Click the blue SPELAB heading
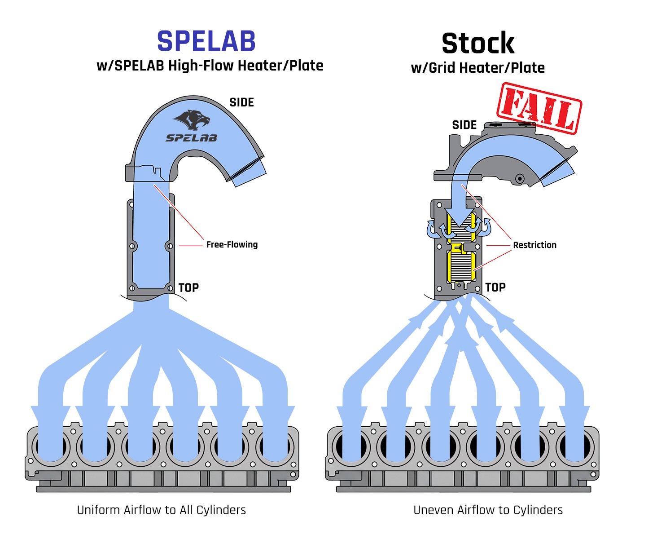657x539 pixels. pyautogui.click(x=206, y=41)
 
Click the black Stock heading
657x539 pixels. pyautogui.click(x=478, y=44)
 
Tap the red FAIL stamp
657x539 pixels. pyautogui.click(x=539, y=108)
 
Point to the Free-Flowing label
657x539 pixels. pyautogui.click(x=232, y=245)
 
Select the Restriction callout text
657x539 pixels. pyautogui.click(x=534, y=245)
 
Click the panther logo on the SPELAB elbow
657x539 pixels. pyautogui.click(x=192, y=119)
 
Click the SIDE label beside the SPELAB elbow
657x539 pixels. pyautogui.click(x=241, y=103)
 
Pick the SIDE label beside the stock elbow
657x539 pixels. pyautogui.click(x=464, y=125)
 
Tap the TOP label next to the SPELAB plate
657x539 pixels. pyautogui.click(x=188, y=288)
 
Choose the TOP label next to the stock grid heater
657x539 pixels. pyautogui.click(x=495, y=287)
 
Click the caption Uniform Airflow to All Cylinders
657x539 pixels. pyautogui.click(x=162, y=510)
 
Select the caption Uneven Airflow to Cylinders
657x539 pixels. pyautogui.click(x=488, y=510)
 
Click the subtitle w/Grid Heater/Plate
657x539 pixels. pyautogui.click(x=477, y=68)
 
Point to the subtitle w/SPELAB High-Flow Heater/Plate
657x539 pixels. pyautogui.click(x=210, y=66)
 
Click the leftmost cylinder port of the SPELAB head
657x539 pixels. pyautogui.click(x=51, y=447)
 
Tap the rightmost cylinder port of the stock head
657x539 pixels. pyautogui.click(x=575, y=447)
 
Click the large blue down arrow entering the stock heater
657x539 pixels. pyautogui.click(x=459, y=211)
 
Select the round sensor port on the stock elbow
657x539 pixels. pyautogui.click(x=520, y=179)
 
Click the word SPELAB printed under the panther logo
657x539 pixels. pyautogui.click(x=192, y=138)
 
